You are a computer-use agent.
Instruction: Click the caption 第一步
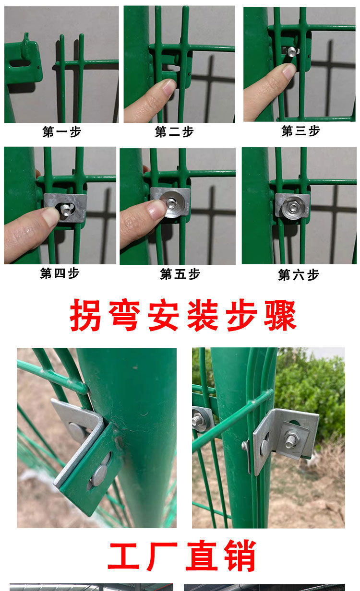[61, 132]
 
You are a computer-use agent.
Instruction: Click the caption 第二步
[174, 132]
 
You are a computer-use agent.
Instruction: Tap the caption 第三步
[300, 130]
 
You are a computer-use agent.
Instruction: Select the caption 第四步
[60, 273]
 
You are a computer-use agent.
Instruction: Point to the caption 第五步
[180, 274]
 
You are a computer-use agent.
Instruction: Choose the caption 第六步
[299, 275]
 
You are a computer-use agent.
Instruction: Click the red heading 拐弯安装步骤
[183, 316]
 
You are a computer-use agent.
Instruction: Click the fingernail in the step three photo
[289, 71]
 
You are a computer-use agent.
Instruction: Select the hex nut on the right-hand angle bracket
[290, 440]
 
